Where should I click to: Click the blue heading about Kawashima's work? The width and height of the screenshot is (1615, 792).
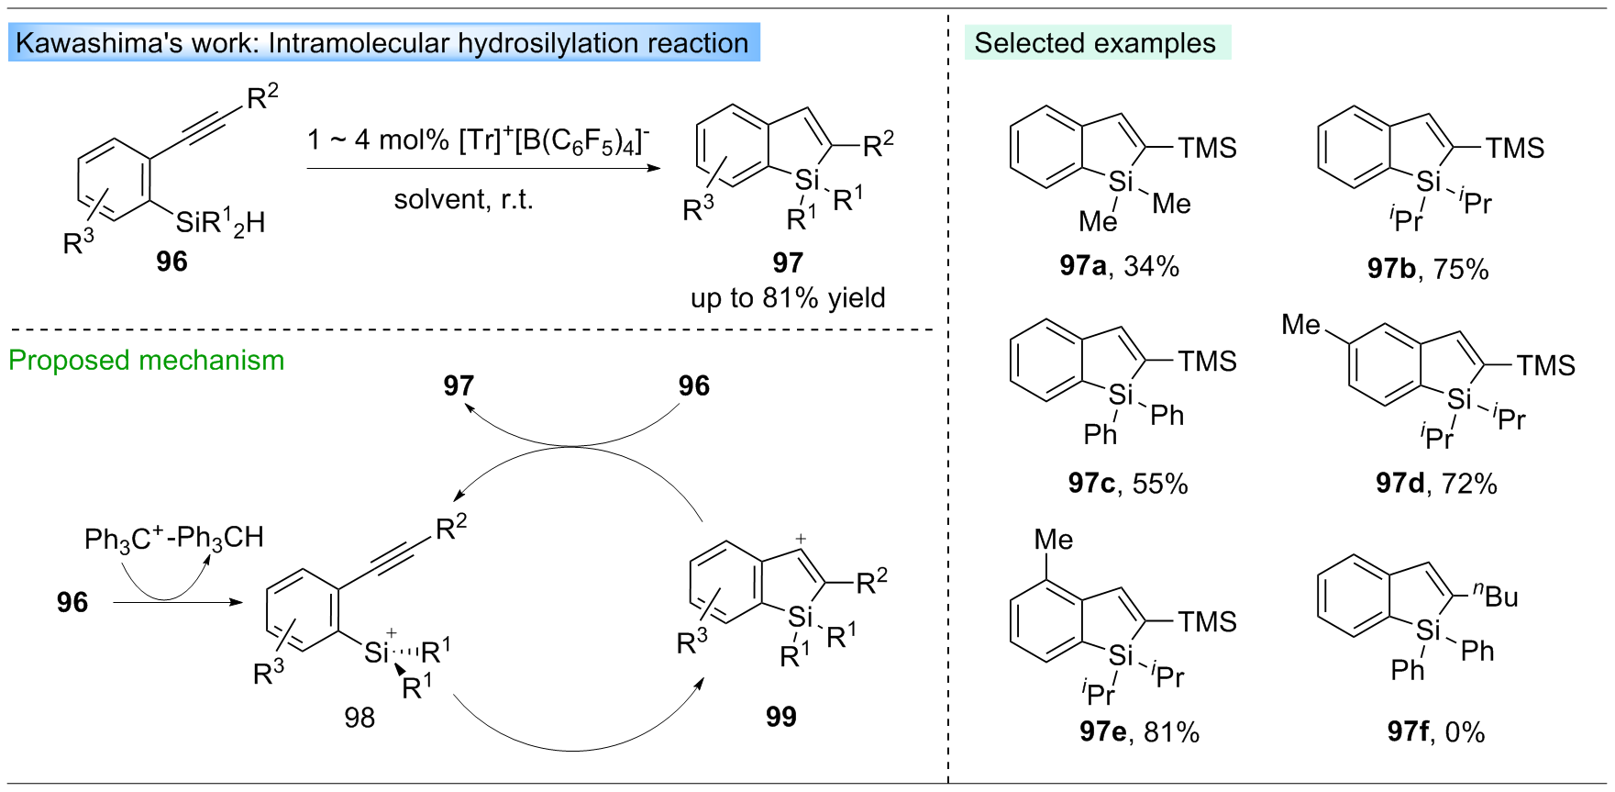382,43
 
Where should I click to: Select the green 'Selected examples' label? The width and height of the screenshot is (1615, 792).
1095,43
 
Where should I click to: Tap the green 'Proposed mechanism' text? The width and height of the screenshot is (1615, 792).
147,360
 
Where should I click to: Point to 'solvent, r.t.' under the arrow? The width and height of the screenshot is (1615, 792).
463,199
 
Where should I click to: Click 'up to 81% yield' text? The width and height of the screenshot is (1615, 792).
788,298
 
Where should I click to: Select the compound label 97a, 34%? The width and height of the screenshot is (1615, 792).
1119,266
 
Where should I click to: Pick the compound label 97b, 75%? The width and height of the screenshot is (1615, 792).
1427,269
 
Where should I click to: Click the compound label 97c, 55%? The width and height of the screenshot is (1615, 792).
1127,484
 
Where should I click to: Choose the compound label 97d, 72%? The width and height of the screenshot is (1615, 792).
1435,484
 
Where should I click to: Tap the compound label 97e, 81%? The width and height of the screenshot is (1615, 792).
1139,731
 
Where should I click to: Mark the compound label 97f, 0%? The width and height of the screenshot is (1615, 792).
1435,731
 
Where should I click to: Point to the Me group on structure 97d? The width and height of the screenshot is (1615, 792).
1301,325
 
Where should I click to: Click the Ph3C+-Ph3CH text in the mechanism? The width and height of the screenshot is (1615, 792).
174,538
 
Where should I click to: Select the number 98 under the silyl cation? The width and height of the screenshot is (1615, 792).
360,718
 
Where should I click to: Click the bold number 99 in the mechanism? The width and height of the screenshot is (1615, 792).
780,717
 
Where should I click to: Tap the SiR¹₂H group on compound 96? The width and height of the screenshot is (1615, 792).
220,222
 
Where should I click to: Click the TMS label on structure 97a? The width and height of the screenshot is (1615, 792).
1207,148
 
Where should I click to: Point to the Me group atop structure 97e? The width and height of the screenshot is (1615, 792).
1053,540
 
